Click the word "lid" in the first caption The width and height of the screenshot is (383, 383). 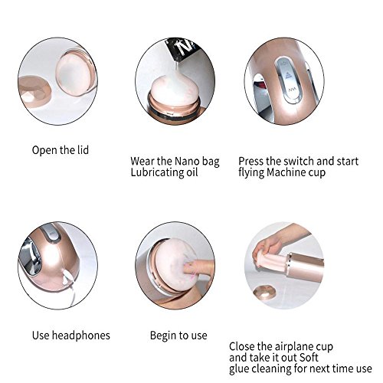point(83,150)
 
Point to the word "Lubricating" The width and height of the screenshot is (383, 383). point(156,172)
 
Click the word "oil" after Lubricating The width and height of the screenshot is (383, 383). point(191,172)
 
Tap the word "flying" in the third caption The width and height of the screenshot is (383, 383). point(251,173)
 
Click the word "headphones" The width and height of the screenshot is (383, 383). point(81,336)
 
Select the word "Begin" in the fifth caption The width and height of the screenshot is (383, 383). point(162,336)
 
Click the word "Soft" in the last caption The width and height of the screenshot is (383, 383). point(309,358)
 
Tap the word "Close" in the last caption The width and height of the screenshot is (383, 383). point(242,347)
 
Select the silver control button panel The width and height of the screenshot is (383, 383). point(288,80)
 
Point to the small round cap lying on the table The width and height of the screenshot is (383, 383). point(264,292)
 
